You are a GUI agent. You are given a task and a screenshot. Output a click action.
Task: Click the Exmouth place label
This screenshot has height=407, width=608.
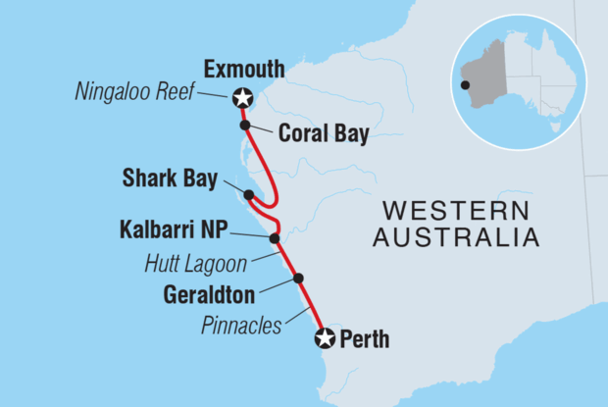[243, 70]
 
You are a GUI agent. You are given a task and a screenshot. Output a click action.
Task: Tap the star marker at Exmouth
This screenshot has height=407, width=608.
[241, 98]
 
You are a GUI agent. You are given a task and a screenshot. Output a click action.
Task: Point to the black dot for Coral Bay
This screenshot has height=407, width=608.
[245, 125]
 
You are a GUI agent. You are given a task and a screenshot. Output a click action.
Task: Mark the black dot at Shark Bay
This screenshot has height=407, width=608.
[250, 193]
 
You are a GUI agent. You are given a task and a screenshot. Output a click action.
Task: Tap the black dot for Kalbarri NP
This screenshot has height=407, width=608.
[275, 238]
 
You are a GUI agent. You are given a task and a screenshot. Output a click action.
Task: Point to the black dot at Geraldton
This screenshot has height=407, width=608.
[298, 279]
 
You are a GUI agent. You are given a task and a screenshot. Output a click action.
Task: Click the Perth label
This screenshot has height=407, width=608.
[364, 340]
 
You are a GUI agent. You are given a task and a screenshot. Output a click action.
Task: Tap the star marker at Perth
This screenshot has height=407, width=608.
[324, 338]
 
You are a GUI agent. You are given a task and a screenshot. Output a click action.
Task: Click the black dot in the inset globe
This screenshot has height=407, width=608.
[466, 85]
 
